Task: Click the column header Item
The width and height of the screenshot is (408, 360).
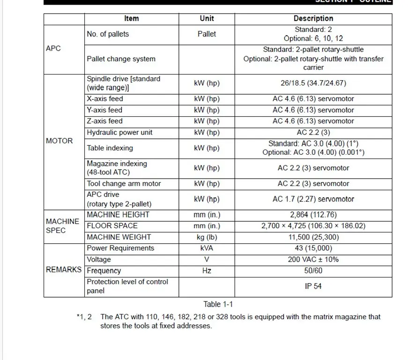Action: pos(131,19)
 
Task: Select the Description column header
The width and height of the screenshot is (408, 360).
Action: pos(313,19)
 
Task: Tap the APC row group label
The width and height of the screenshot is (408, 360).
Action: pos(53,49)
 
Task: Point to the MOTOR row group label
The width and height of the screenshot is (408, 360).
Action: pos(59,141)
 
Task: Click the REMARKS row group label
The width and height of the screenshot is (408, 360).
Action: pos(64,270)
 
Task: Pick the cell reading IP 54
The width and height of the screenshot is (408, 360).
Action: pos(313,286)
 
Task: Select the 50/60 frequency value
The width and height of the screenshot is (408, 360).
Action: pos(313,270)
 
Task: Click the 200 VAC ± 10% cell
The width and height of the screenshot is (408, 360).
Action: pos(313,259)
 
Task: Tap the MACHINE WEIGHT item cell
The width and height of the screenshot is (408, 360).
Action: pos(119,237)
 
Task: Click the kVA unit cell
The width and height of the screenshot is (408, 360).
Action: pos(207,248)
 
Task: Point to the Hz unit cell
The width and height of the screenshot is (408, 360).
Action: pos(207,270)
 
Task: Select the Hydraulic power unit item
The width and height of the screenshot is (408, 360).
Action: pos(119,133)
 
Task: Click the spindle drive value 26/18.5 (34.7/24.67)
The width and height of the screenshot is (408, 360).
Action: pos(313,83)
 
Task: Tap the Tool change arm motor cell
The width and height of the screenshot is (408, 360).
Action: pos(124,184)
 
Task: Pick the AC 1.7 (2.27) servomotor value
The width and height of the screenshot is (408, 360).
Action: pos(313,199)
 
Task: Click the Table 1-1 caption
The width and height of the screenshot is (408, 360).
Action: pos(218,305)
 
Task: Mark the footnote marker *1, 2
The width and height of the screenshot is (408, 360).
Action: pos(84,317)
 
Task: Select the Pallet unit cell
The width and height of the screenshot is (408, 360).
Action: pos(207,34)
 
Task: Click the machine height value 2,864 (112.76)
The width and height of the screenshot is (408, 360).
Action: pos(313,215)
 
